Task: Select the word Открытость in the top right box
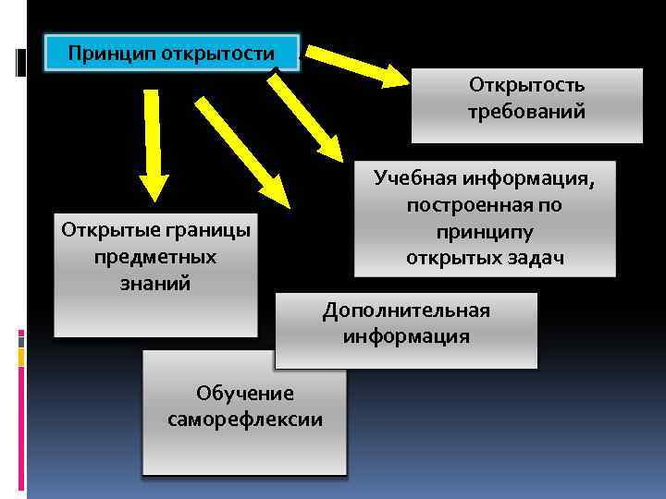[x=526, y=86]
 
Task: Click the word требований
[x=526, y=112]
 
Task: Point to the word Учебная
[x=419, y=177]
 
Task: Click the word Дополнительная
[x=406, y=310]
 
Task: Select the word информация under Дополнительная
[x=406, y=336]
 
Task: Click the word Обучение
[x=245, y=394]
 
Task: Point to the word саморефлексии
[x=245, y=420]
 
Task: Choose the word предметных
[x=155, y=256]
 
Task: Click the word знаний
[x=155, y=283]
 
